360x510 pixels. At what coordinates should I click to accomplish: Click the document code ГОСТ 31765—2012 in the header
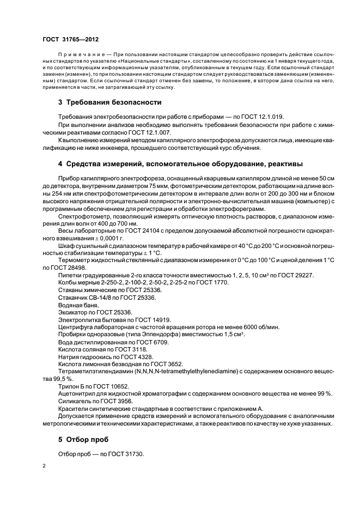point(70,39)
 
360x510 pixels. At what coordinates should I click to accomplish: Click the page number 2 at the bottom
point(44,466)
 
